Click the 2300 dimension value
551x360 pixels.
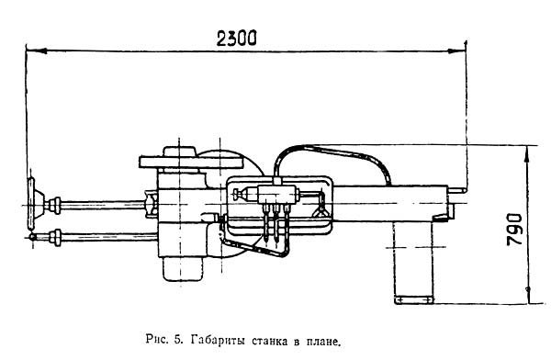[x=237, y=39]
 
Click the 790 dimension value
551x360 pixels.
[x=515, y=229]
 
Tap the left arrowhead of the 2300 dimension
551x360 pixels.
[x=36, y=51]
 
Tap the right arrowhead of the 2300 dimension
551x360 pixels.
[x=456, y=51]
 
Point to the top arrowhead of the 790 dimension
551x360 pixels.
[x=527, y=154]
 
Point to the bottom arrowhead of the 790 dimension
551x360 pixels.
[x=527, y=295]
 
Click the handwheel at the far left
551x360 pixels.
[x=31, y=204]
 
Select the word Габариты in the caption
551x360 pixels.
[x=218, y=341]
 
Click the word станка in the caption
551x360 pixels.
[x=269, y=341]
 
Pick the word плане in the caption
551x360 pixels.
[x=323, y=341]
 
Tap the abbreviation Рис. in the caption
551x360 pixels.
[x=157, y=340]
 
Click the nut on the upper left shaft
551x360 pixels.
[x=55, y=206]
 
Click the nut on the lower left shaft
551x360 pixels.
[x=55, y=237]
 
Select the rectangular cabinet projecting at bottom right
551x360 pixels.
[x=413, y=263]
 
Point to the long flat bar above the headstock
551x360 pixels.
[x=192, y=162]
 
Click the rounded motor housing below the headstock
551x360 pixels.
[x=183, y=269]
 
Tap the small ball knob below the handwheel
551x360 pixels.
[x=32, y=237]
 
